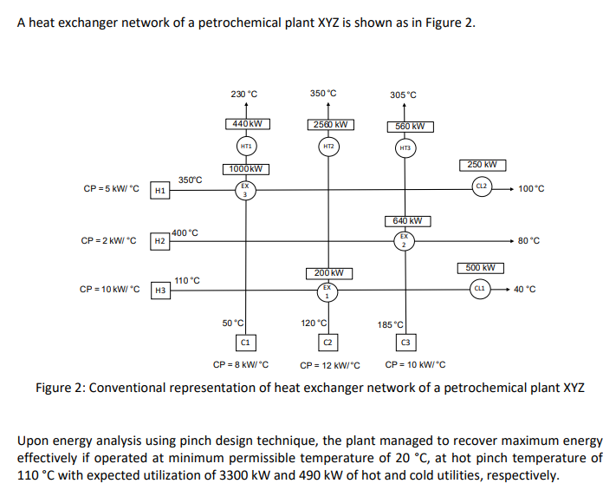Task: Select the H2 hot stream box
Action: (x=159, y=240)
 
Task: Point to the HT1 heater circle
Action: (x=246, y=147)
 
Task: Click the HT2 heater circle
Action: (x=328, y=147)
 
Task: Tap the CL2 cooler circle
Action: (x=482, y=187)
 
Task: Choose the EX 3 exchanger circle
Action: (x=245, y=190)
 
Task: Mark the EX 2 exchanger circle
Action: (x=404, y=240)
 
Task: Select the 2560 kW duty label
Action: (x=329, y=124)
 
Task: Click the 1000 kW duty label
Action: (x=246, y=168)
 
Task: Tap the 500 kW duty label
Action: (x=480, y=268)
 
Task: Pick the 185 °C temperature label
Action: (x=389, y=324)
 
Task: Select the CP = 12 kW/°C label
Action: (x=329, y=365)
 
